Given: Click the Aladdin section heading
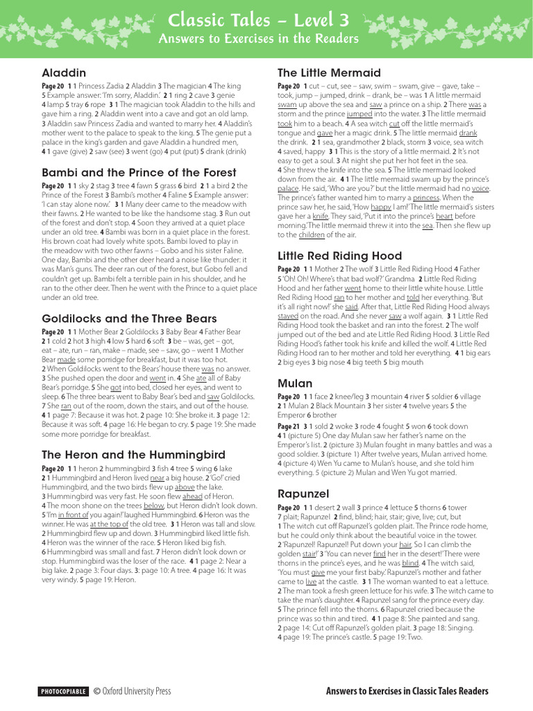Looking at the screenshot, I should pos(64,73).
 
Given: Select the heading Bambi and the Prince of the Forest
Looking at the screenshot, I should pos(139,172).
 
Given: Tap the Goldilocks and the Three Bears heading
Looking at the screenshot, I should pos(129,319).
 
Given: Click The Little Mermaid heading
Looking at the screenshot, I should pos(329,73).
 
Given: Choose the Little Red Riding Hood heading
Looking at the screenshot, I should pos(339,256).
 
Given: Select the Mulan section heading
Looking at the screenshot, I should pos(295,383).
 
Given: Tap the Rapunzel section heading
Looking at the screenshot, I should pos(303,494).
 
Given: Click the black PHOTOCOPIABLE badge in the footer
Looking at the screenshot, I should pos(64,692).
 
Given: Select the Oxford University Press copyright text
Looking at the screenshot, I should pos(132,692).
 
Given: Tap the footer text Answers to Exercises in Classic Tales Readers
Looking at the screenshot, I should pos(407,692).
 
